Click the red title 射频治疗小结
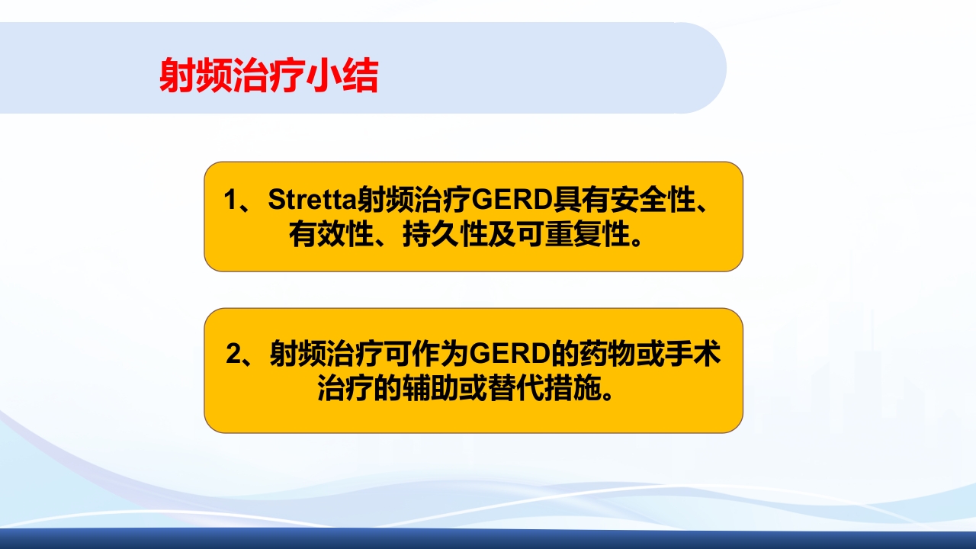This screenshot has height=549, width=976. pyautogui.click(x=268, y=75)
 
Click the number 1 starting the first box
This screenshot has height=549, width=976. pyautogui.click(x=231, y=201)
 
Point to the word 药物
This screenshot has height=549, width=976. pyautogui.click(x=602, y=355)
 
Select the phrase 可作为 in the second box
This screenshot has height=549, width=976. pyautogui.click(x=426, y=355)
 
